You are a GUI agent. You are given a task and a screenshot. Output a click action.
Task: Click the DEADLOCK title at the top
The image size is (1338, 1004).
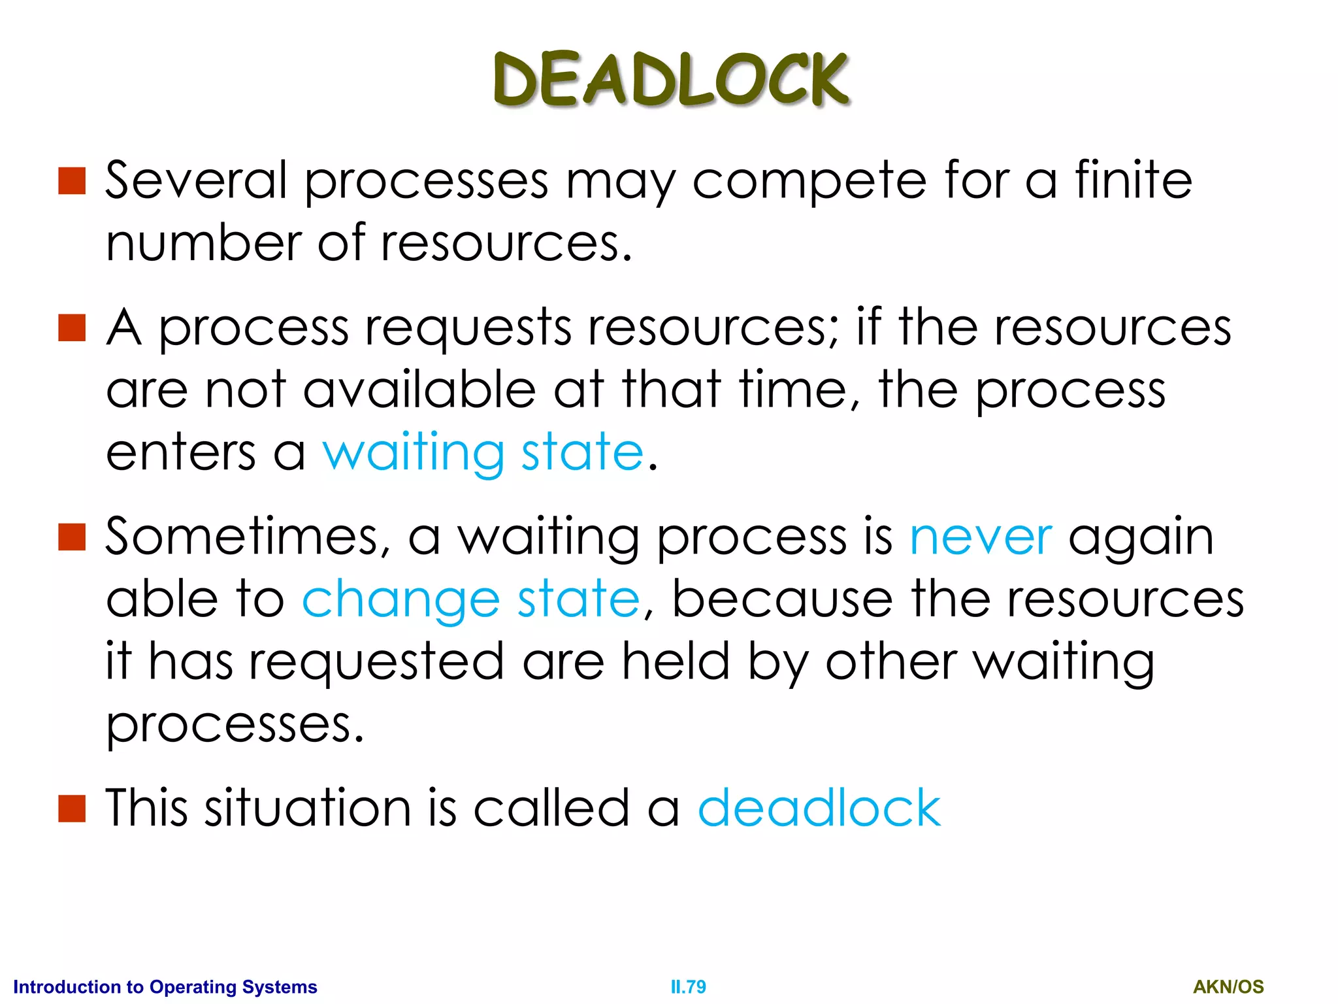(x=671, y=80)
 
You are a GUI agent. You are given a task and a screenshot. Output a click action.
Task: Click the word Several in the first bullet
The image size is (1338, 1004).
(x=196, y=180)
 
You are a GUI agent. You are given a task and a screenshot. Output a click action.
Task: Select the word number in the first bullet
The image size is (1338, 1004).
(x=203, y=243)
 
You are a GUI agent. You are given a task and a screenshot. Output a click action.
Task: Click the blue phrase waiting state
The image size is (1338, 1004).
(x=483, y=452)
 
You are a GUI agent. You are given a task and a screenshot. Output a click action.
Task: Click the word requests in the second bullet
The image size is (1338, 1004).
(x=468, y=328)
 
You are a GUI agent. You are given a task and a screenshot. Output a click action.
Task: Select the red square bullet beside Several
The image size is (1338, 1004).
(x=72, y=181)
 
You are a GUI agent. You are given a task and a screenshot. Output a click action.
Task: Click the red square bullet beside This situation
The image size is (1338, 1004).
(x=72, y=809)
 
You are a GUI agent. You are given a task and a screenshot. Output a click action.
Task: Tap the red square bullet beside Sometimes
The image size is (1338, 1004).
(x=72, y=537)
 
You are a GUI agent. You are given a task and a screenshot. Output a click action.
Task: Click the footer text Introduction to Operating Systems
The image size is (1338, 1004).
(x=165, y=986)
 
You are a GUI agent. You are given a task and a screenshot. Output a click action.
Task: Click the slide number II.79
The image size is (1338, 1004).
(x=688, y=986)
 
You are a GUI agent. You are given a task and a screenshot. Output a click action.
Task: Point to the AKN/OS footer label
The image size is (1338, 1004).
(x=1228, y=986)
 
